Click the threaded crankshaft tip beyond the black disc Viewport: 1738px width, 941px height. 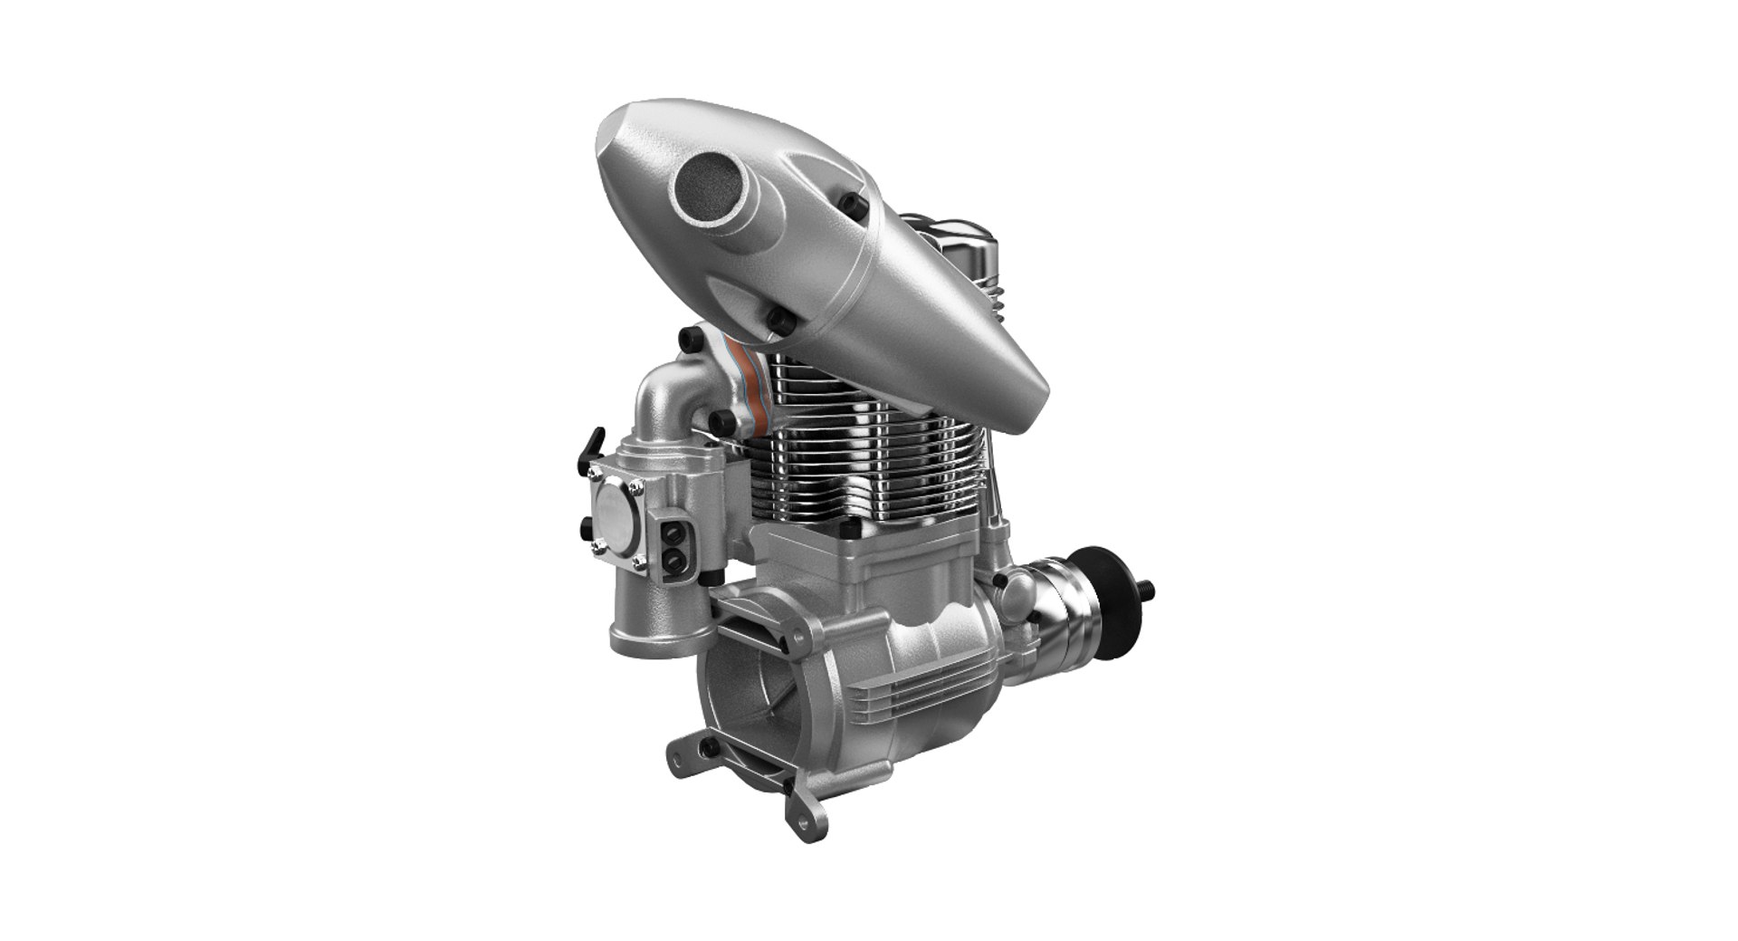click(x=1150, y=589)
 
